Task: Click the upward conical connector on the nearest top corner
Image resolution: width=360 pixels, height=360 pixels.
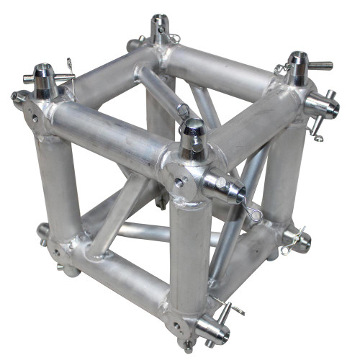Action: pos(193,139)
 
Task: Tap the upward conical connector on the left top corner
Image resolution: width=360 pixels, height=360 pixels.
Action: pos(41,81)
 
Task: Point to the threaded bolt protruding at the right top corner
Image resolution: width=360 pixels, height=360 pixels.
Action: pos(320,66)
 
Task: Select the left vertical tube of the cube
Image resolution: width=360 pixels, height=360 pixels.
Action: pos(58,184)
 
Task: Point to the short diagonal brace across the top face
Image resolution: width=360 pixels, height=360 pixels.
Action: pos(156,91)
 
